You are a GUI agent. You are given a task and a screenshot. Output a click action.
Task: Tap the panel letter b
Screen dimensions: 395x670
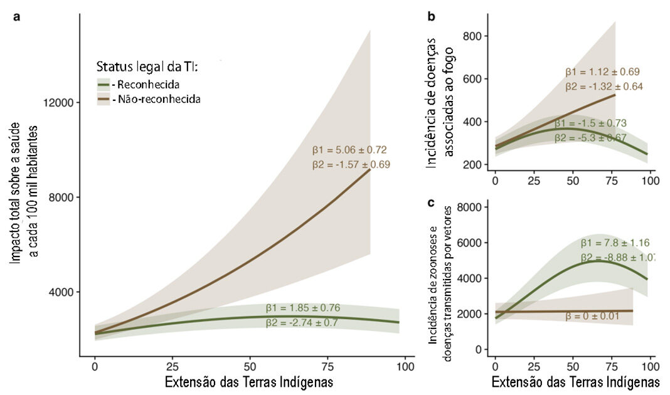pyautogui.click(x=432, y=17)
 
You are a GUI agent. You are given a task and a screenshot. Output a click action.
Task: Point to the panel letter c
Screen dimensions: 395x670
pyautogui.click(x=431, y=203)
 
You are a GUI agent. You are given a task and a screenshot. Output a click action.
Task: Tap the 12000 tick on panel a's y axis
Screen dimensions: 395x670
pyautogui.click(x=57, y=103)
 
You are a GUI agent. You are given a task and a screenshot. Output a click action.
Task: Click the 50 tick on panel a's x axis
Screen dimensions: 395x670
pyautogui.click(x=250, y=366)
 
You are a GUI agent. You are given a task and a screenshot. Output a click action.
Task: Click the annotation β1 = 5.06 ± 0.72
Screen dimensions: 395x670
pyautogui.click(x=349, y=150)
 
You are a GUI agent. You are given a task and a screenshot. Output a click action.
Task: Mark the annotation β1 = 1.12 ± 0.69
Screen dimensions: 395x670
pyautogui.click(x=602, y=71)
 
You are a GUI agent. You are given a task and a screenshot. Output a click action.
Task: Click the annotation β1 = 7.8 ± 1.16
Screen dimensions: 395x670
pyautogui.click(x=614, y=243)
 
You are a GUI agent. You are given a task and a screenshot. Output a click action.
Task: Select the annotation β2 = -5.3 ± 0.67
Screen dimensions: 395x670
pyautogui.click(x=590, y=137)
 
